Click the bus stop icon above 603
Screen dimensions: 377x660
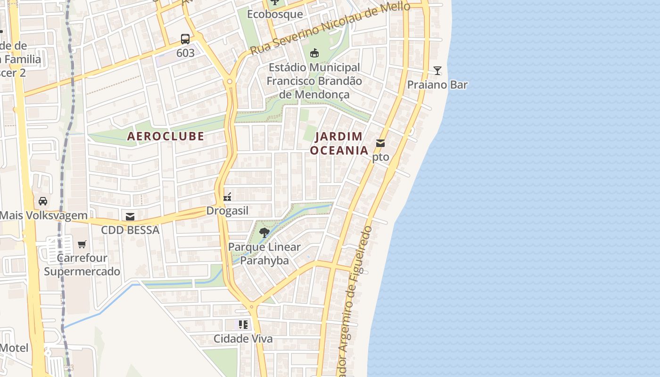(185, 39)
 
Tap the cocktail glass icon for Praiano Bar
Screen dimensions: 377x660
(437, 71)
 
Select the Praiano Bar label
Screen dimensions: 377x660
(437, 85)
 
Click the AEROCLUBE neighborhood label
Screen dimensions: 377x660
(166, 136)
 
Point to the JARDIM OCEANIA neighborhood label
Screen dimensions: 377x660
(339, 143)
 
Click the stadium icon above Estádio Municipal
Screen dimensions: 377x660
(314, 53)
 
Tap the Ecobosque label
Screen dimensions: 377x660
(275, 14)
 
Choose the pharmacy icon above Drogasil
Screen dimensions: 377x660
(227, 197)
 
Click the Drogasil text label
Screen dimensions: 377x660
(227, 211)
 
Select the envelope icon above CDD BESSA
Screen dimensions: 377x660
(130, 216)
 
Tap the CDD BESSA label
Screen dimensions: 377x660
(130, 230)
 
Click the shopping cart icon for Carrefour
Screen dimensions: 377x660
(82, 244)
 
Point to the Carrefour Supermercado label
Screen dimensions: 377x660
(82, 265)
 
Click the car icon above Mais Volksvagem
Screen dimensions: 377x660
(43, 201)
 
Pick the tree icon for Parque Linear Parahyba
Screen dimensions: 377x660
(264, 232)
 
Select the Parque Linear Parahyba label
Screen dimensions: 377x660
(264, 254)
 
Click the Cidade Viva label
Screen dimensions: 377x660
(243, 339)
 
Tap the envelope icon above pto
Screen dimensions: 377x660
(380, 143)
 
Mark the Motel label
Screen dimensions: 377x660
(14, 348)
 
